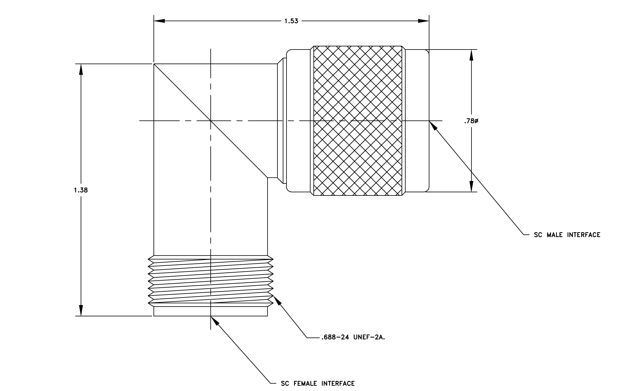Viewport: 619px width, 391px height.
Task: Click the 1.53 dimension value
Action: [291, 21]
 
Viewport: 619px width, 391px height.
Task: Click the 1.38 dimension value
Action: [81, 190]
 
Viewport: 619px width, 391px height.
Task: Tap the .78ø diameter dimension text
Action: [471, 121]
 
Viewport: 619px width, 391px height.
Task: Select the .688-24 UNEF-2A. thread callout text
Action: [353, 338]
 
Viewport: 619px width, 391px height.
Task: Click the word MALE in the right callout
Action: [555, 235]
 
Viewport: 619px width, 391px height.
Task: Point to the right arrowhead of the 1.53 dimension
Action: [423, 21]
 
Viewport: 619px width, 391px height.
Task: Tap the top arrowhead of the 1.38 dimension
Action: [81, 69]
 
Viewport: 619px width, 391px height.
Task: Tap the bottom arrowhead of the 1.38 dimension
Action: [81, 310]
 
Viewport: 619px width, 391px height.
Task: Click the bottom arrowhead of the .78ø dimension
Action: [471, 186]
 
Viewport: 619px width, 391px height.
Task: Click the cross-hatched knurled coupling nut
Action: [358, 121]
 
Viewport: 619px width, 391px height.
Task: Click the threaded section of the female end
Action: [211, 281]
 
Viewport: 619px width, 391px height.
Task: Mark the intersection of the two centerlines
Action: [211, 121]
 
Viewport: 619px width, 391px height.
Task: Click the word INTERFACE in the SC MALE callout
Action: [584, 235]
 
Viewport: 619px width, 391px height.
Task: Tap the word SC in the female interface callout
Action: [285, 384]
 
